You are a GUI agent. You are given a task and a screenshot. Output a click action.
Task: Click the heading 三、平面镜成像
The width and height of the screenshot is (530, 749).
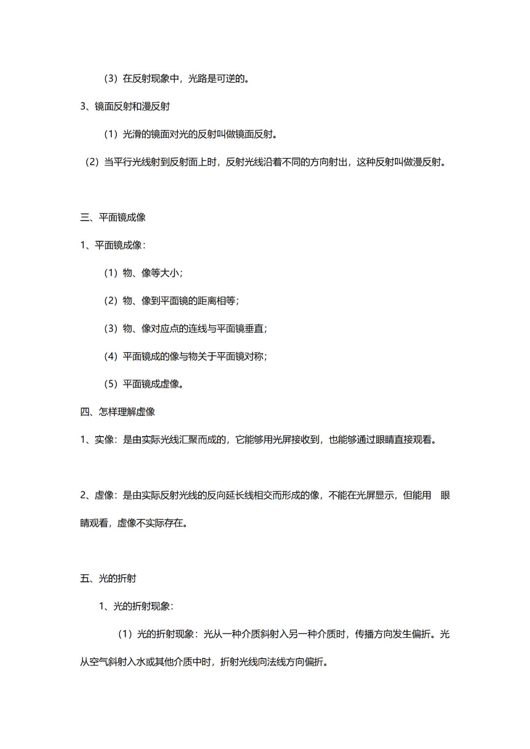113,217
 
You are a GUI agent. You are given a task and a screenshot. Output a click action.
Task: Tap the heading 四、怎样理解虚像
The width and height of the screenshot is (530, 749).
118,412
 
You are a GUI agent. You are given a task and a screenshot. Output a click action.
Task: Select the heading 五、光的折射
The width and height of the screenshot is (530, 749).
108,578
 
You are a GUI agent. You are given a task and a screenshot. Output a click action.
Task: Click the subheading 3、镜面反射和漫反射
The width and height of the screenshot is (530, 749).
125,106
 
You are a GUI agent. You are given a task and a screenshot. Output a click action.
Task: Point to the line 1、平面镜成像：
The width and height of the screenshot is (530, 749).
113,245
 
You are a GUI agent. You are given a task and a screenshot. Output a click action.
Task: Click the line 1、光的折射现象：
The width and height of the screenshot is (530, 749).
136,606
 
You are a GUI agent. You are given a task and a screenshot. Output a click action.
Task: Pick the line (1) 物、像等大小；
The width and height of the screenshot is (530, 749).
143,273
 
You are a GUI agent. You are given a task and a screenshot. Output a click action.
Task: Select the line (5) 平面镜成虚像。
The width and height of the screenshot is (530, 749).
144,384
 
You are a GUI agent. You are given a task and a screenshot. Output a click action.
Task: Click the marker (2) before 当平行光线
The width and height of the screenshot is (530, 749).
92,162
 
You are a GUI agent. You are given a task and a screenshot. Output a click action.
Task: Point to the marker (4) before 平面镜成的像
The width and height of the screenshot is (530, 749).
110,357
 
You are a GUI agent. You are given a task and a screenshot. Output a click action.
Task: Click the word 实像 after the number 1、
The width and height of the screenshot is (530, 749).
104,439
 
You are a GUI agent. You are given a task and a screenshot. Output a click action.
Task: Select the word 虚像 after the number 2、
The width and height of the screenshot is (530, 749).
104,495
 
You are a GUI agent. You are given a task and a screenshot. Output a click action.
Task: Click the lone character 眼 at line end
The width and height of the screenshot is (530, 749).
445,495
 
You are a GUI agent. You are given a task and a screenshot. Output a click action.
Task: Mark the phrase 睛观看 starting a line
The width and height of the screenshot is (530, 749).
94,523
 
